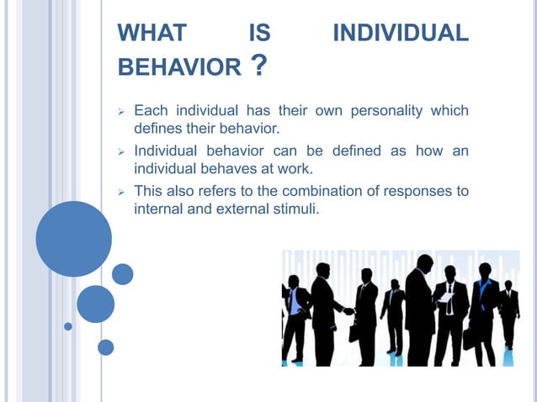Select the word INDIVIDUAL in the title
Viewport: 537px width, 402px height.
click(401, 34)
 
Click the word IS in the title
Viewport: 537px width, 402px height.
click(259, 34)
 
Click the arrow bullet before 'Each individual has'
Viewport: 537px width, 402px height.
click(121, 111)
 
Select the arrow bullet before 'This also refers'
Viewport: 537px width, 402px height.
click(121, 191)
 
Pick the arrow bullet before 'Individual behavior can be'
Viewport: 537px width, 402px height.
click(121, 151)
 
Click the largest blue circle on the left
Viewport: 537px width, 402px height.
click(74, 239)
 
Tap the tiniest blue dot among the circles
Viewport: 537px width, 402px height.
click(68, 326)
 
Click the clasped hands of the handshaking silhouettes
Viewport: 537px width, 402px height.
click(348, 310)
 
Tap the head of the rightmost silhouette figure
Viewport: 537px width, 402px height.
click(508, 283)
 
